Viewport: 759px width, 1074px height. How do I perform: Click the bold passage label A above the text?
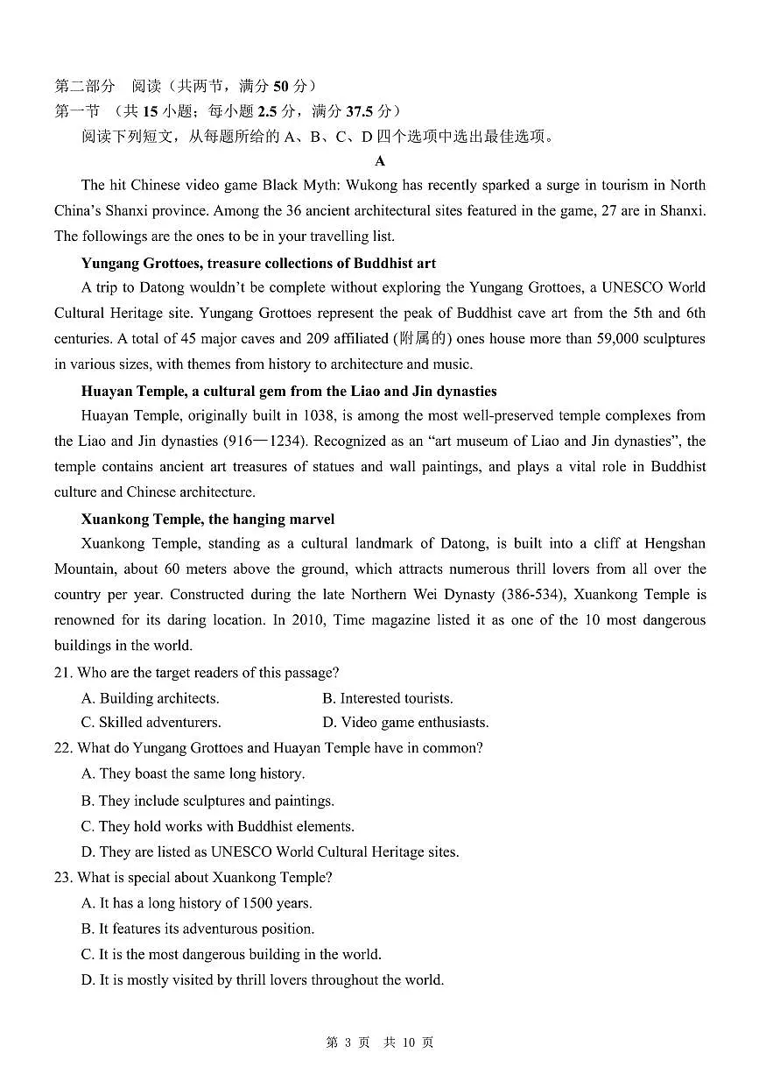coord(379,161)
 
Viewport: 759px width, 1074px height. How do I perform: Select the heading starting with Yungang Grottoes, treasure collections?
coord(258,263)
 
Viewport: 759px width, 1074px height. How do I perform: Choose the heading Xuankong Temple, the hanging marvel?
coord(207,519)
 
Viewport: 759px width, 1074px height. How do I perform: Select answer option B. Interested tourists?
coord(387,698)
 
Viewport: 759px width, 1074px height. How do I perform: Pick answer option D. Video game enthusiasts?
coord(405,723)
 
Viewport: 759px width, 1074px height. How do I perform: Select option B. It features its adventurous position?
coord(197,929)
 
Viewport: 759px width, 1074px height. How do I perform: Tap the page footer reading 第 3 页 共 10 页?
coord(379,1042)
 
